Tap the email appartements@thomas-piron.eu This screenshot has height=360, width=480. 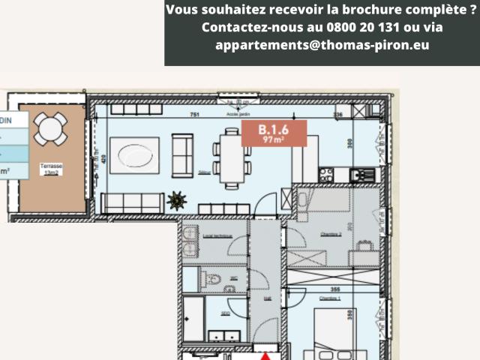coord(322,45)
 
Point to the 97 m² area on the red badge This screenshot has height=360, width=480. coord(273,139)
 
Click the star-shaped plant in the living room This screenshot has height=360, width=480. coord(178,201)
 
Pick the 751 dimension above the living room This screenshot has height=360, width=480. coord(194,115)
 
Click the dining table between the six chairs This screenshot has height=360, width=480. coord(232,154)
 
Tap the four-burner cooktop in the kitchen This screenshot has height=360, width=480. coord(326,175)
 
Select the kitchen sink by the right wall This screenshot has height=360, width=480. coord(364,175)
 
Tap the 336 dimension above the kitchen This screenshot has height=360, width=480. coord(337,115)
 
